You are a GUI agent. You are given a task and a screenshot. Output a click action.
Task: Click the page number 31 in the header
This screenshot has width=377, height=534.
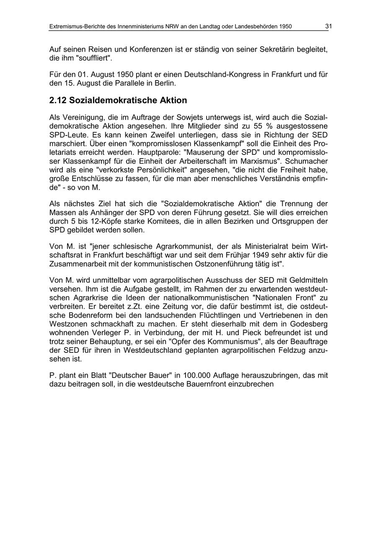click(x=328, y=26)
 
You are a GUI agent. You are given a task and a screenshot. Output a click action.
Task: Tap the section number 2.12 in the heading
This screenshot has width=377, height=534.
click(x=57, y=101)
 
